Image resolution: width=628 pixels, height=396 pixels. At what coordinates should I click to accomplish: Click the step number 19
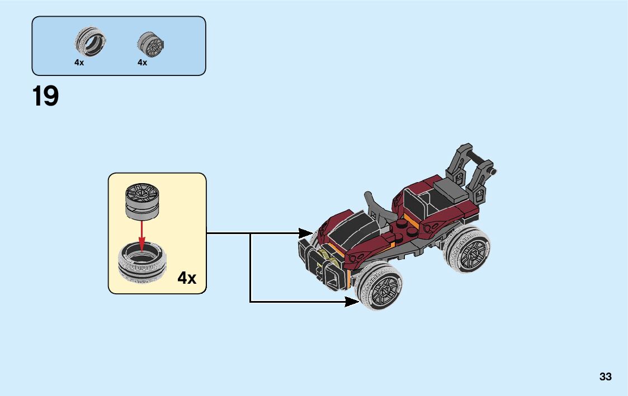coord(46,97)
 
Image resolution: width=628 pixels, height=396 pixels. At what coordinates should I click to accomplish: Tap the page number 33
coord(605,377)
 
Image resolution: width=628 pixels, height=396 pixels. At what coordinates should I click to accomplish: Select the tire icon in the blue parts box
coord(90,42)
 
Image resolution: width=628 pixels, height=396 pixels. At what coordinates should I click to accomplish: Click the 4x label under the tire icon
coord(79,63)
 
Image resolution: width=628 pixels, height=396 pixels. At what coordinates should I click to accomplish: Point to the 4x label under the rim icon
coord(142,63)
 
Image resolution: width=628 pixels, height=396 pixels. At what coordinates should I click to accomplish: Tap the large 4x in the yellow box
coord(187,278)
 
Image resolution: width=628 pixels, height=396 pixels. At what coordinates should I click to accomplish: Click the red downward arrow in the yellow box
coord(142,235)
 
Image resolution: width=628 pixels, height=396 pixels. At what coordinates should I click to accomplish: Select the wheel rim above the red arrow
coord(141,201)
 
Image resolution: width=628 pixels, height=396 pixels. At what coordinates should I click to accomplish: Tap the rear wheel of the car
coord(468,249)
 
